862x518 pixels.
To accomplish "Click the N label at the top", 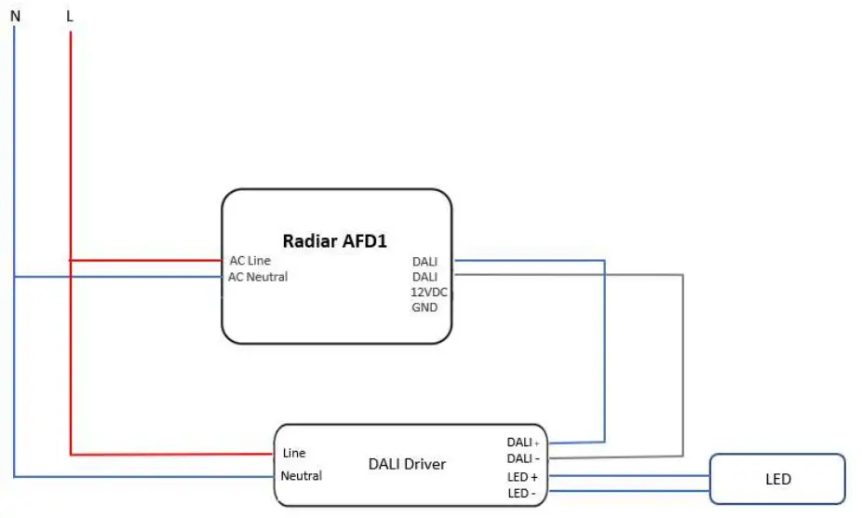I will coord(15,15).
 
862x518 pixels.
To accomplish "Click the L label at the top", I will coord(70,15).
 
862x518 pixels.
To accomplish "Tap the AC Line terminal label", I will coord(250,261).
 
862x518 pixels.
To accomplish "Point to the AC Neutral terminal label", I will coord(258,277).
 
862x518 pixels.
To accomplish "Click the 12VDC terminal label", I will coord(430,292).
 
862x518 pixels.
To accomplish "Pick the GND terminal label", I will coord(424,307).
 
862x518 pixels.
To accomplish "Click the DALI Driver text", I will coord(407,464).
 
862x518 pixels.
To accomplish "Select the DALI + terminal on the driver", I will coord(522,443).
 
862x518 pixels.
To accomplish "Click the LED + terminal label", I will coord(522,477).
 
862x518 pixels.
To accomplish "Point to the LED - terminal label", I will coord(521,493).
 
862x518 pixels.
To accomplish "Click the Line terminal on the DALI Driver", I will coord(294,454).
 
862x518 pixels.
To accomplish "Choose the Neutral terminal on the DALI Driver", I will coord(302,476).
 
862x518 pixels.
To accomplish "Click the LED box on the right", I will coord(777,480).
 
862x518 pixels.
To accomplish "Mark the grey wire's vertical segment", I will coord(683,363).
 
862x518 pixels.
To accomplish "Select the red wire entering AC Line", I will coord(144,261).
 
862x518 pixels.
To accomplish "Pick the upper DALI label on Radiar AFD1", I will coord(424,262).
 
